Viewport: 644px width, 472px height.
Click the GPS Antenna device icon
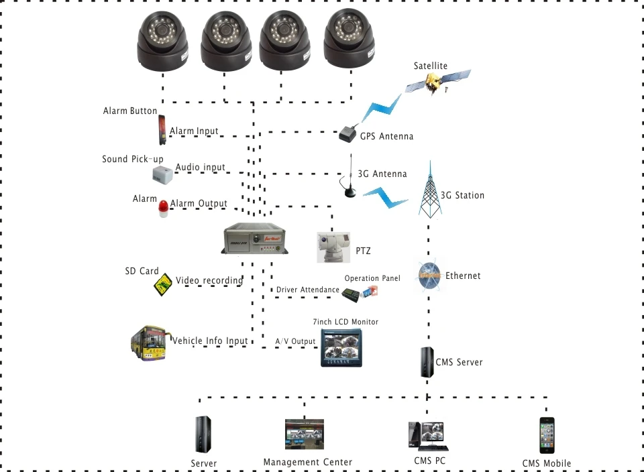[347, 133]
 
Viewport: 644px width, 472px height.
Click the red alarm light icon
[164, 209]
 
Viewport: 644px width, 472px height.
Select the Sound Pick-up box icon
[162, 174]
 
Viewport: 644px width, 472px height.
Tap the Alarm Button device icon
[162, 130]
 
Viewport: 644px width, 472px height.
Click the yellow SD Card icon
[162, 284]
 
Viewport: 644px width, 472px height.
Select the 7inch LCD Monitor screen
[341, 347]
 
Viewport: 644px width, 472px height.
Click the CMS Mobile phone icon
[547, 435]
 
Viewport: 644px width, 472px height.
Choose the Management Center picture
[304, 435]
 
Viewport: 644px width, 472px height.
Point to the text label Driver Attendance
[308, 290]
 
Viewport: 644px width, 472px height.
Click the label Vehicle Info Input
[211, 341]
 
